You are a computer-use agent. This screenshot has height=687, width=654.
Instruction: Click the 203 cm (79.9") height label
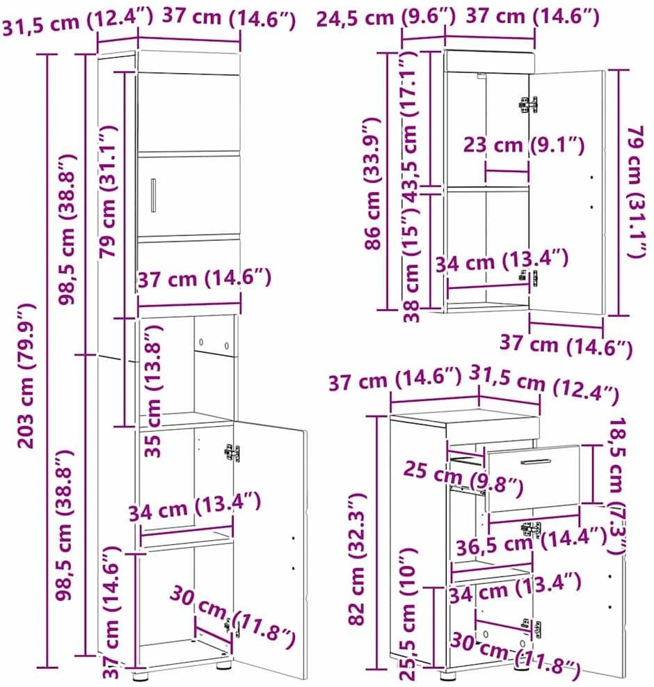coord(26,376)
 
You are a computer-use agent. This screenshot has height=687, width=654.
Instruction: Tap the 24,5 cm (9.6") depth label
coord(386,18)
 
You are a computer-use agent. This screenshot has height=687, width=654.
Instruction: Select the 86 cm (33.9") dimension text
coord(372,184)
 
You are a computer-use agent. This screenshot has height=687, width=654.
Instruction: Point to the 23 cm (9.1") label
coord(524,145)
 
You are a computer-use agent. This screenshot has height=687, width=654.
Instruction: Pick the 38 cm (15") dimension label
coord(411,264)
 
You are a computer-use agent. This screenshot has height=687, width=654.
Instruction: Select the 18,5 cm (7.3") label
coord(616,485)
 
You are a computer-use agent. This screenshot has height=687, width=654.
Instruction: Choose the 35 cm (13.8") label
coord(153,390)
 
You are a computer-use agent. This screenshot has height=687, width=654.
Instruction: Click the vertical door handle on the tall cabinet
coord(153,196)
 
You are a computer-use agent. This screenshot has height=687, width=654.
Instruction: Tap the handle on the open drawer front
coord(536,461)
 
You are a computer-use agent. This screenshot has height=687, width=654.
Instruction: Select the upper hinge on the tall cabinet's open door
coord(232,452)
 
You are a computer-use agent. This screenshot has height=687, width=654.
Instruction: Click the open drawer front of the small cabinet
coord(534,478)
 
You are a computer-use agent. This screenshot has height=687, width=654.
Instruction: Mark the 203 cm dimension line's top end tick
coord(47,54)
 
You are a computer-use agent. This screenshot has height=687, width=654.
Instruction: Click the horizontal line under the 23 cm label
coord(507,171)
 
